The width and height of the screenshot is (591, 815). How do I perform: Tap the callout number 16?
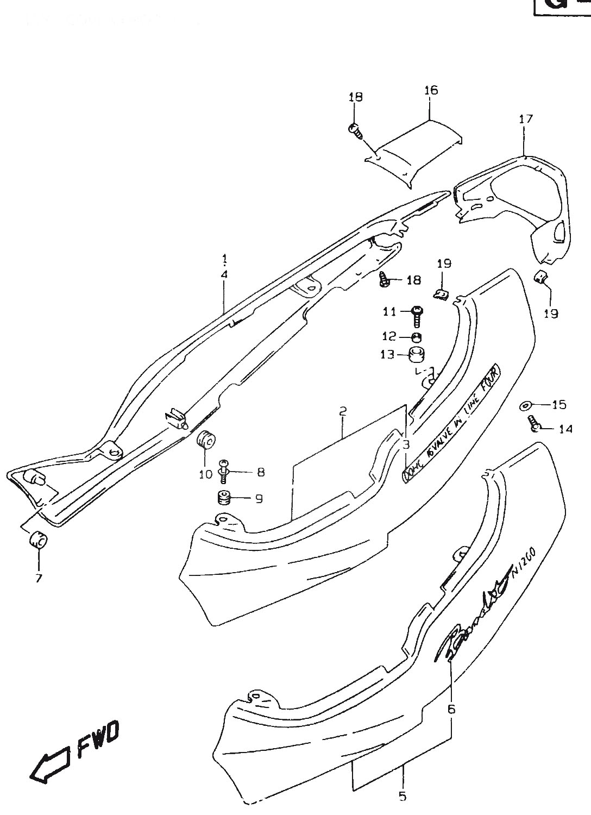(431, 90)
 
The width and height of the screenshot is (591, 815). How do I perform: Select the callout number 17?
(526, 119)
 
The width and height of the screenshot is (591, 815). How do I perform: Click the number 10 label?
(205, 474)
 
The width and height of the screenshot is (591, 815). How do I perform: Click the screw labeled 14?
(533, 423)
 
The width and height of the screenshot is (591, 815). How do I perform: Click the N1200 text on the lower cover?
(524, 562)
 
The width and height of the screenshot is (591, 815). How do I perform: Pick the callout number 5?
(402, 797)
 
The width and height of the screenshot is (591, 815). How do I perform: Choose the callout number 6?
(451, 709)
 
